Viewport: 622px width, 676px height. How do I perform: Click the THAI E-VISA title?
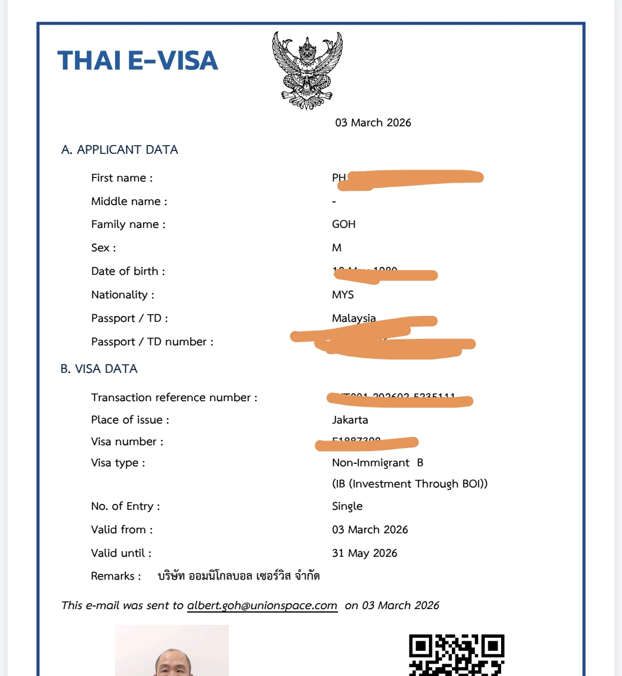pyautogui.click(x=138, y=61)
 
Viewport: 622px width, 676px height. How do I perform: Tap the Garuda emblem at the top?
pyautogui.click(x=307, y=70)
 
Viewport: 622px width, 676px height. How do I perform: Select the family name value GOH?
pyautogui.click(x=344, y=224)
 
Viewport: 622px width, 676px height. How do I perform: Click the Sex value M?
pyautogui.click(x=337, y=248)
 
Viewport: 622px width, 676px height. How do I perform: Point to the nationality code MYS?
pyautogui.click(x=343, y=295)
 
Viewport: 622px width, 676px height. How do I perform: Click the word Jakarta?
pyautogui.click(x=350, y=420)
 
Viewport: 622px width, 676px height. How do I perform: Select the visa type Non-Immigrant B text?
pyautogui.click(x=377, y=463)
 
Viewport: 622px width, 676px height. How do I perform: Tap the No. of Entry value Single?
pyautogui.click(x=347, y=506)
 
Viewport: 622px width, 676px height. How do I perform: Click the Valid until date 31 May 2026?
pyautogui.click(x=364, y=553)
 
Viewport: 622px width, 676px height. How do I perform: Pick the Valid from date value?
pyautogui.click(x=370, y=530)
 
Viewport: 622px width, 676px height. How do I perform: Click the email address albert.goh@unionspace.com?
pyautogui.click(x=262, y=606)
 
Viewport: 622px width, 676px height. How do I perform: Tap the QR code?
pyautogui.click(x=457, y=655)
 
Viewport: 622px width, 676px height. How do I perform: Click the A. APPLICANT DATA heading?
pyautogui.click(x=120, y=150)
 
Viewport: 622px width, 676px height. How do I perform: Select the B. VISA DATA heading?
pyautogui.click(x=99, y=369)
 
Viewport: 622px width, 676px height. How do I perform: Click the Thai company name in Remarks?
pyautogui.click(x=239, y=576)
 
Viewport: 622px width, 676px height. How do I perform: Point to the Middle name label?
pyautogui.click(x=129, y=201)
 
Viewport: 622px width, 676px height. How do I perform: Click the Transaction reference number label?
pyautogui.click(x=174, y=398)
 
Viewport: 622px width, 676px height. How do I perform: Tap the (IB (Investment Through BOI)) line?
pyautogui.click(x=410, y=484)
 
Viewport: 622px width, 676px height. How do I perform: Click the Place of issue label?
pyautogui.click(x=130, y=420)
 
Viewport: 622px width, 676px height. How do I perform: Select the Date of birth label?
pyautogui.click(x=128, y=271)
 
